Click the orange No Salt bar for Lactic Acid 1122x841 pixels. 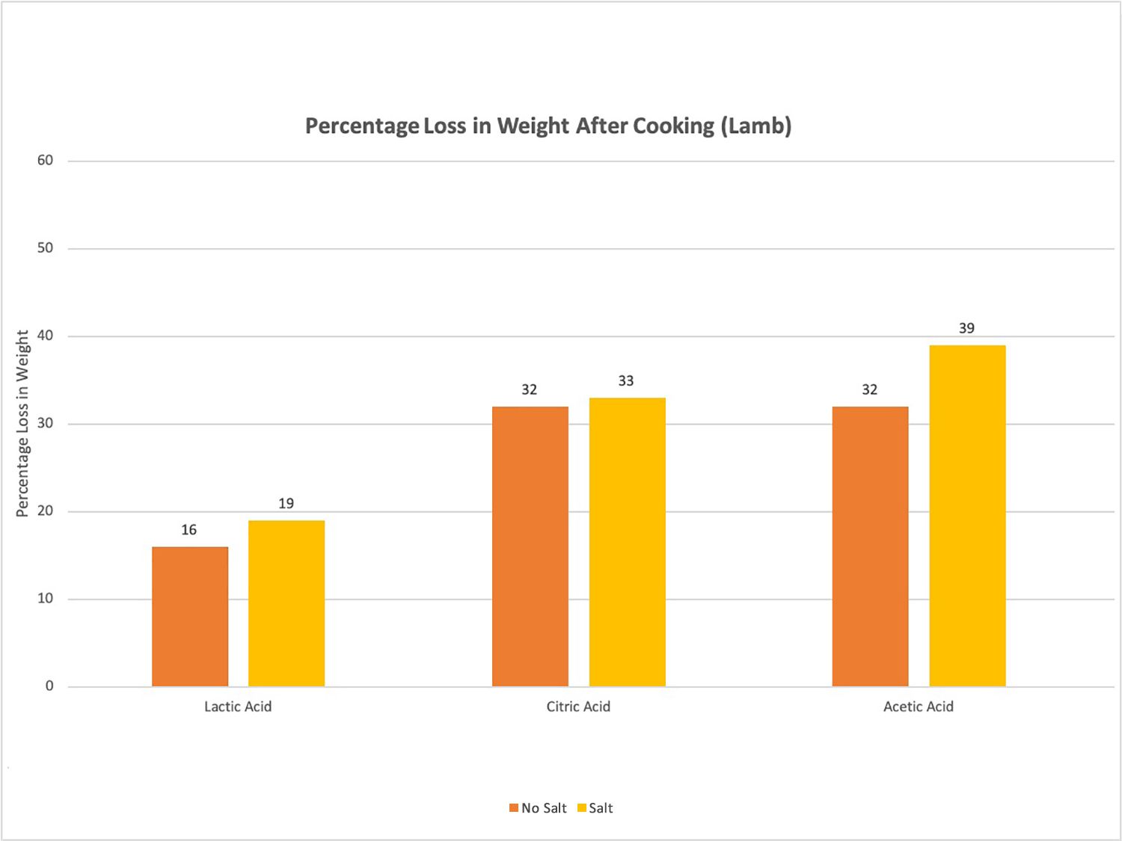tap(190, 617)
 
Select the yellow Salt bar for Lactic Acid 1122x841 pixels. tap(286, 603)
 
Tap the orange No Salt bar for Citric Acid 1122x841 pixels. tap(530, 546)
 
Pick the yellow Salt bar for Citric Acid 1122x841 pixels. tap(627, 542)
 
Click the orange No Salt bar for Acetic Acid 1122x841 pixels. tap(870, 546)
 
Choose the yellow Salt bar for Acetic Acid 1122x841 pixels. tap(967, 516)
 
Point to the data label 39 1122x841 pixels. tap(966, 328)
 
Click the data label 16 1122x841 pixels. tap(188, 530)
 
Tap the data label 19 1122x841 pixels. tap(286, 504)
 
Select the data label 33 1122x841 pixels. tap(626, 381)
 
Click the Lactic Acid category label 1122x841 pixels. tap(238, 706)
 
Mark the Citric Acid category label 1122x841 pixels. tap(578, 706)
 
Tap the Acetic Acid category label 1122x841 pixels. tap(918, 706)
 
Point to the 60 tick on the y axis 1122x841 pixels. tap(45, 161)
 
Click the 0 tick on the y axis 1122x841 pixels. tap(49, 686)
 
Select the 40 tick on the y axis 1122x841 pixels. tap(45, 336)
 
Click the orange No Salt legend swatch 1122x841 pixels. tap(514, 808)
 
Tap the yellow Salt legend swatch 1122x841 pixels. tap(581, 808)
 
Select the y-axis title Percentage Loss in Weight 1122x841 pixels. tap(22, 423)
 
